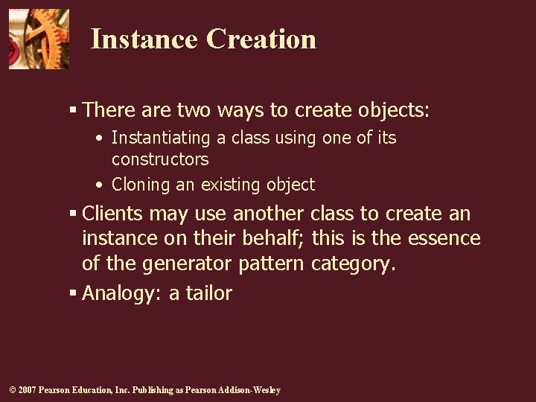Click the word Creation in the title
coord(261,39)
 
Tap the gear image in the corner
coord(38,39)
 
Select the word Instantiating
coord(159,138)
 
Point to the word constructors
coord(160,159)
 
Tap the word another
coord(268,214)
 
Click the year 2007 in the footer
coord(26,390)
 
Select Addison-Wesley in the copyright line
coord(249,390)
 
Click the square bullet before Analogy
coord(73,293)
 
